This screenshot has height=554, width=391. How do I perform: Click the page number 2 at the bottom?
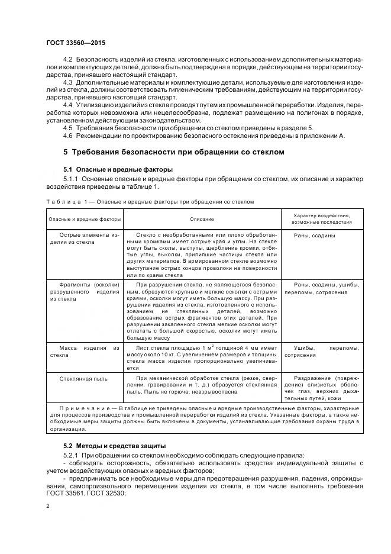pyautogui.click(x=47, y=506)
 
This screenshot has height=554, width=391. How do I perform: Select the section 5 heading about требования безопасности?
pyautogui.click(x=174, y=152)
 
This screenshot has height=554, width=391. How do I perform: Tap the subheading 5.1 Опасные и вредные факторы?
pyautogui.click(x=118, y=170)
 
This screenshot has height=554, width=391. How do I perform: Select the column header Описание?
pyautogui.click(x=202, y=219)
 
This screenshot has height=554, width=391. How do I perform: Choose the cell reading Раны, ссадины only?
pyautogui.click(x=314, y=235)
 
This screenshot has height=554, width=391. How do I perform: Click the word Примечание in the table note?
pyautogui.click(x=84, y=408)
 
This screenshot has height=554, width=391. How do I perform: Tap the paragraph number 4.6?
pyautogui.click(x=67, y=136)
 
